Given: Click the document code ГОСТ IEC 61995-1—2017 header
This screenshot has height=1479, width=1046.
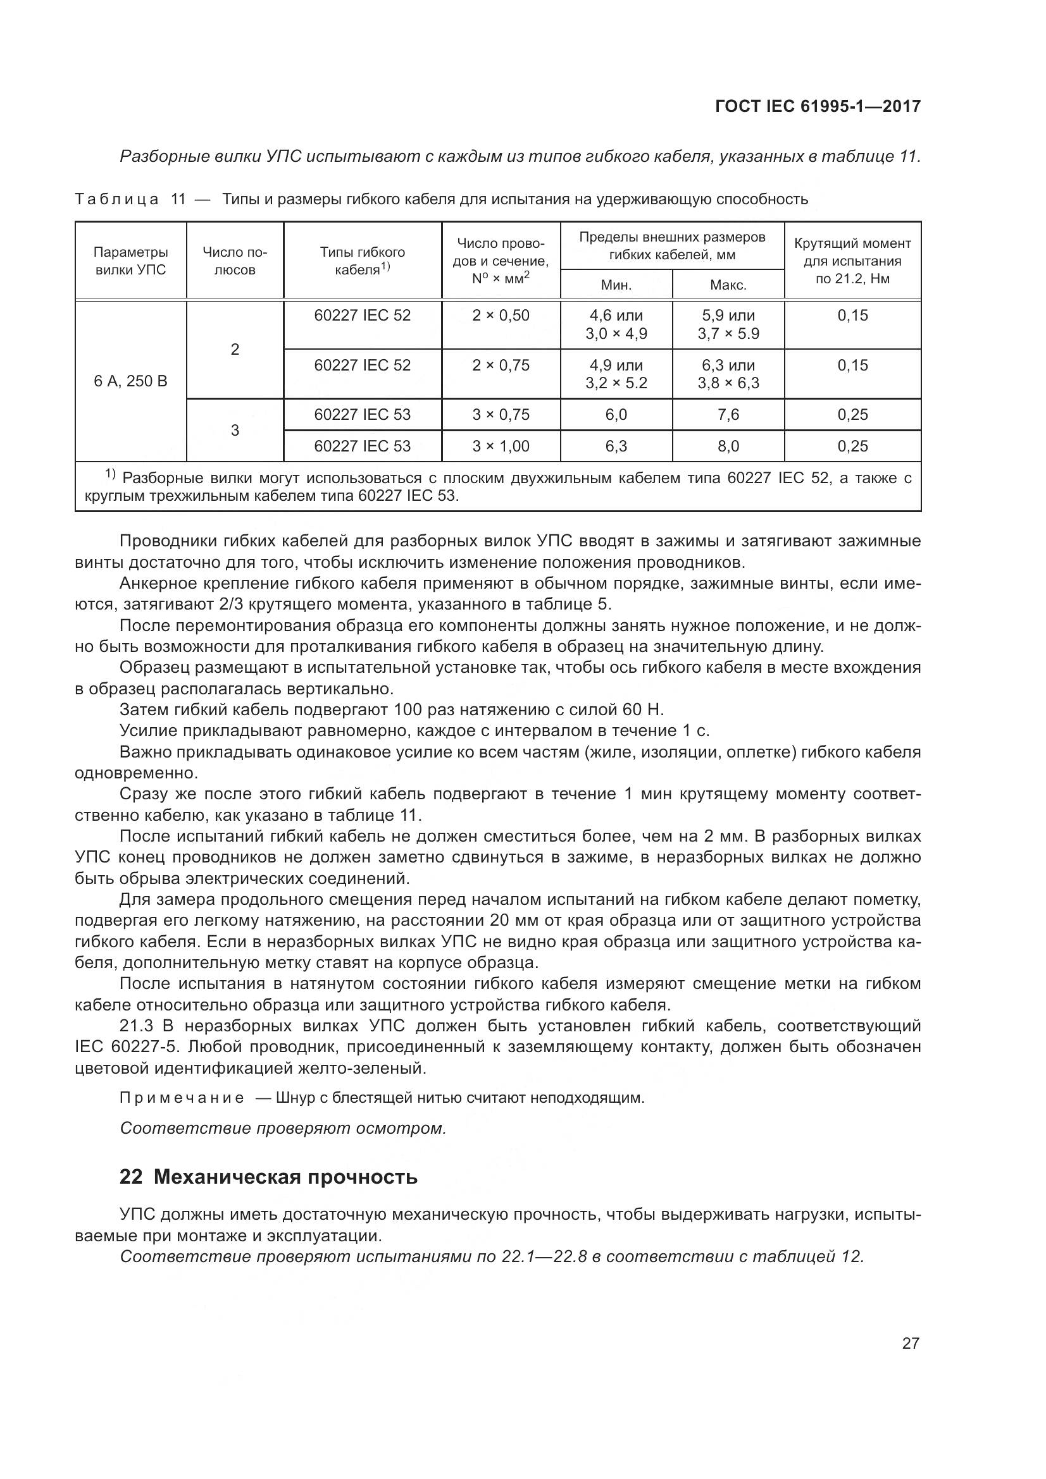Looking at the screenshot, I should pos(817,106).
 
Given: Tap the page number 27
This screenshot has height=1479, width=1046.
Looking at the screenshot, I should pos(910,1343).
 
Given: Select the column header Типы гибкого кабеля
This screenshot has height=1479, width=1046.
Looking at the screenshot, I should pos(362,261).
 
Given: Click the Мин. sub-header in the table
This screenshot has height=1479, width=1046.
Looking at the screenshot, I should pos(616,285).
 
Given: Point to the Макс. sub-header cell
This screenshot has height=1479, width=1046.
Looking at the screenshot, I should pos(728,285).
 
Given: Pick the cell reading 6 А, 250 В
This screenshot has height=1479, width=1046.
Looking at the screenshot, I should pos(130,381).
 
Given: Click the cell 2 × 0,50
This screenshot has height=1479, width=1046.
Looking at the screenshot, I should pos(500,315).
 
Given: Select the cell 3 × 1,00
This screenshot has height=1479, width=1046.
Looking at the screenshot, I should pos(500,446).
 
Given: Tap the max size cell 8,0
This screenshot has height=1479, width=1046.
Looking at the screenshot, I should pos(728,446).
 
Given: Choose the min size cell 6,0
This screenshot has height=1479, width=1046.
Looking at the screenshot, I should pos(616,414).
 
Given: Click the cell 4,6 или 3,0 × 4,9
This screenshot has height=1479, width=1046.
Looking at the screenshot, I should pos(616,324).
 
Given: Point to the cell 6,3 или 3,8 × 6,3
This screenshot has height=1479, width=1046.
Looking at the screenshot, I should pos(728,374).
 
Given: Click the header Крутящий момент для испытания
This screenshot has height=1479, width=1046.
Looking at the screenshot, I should pos(852,261).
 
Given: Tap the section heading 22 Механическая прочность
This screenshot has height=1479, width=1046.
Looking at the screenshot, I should pos(268,1177).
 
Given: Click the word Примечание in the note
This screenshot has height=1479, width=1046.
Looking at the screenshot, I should pos(182,1098).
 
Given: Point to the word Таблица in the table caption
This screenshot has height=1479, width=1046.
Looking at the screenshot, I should pos(116,199).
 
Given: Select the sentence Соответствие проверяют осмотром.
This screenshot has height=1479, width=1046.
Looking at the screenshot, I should pos(283,1128).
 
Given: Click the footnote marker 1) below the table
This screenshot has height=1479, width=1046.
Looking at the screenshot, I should pos(110,476).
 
